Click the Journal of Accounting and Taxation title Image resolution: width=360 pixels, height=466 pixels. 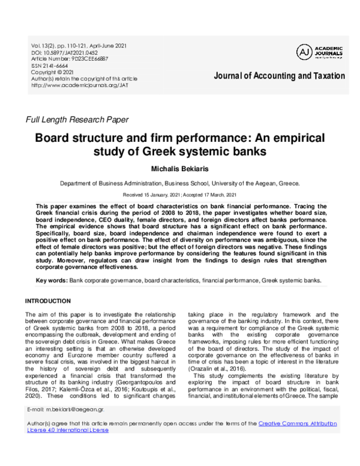(279, 76)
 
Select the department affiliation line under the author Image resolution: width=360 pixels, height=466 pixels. (179, 184)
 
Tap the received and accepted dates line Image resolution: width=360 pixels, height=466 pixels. (179, 195)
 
